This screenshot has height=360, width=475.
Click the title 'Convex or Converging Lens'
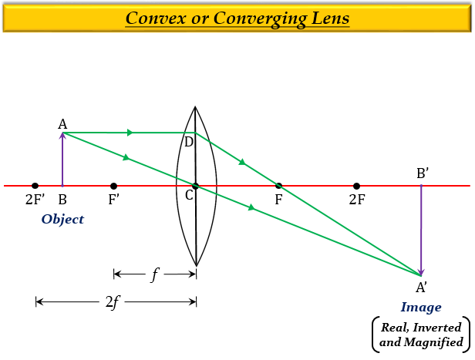237,18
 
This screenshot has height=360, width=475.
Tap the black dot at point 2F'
35,186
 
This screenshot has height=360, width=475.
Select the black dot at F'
113,186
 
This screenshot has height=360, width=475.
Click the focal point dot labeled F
278,186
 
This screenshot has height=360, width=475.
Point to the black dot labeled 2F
356,186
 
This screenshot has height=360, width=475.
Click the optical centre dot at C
196,186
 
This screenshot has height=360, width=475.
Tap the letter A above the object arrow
62,123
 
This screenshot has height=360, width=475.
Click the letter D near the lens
188,142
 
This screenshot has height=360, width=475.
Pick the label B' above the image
423,173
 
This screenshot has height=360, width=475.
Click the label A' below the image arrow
422,288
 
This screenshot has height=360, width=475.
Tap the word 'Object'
62,219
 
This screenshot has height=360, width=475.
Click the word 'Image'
421,307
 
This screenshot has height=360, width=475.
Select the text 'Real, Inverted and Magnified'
421,335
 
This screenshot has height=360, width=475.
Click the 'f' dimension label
154,274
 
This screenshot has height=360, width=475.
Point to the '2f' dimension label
113,301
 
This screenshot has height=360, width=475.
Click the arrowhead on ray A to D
130,133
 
